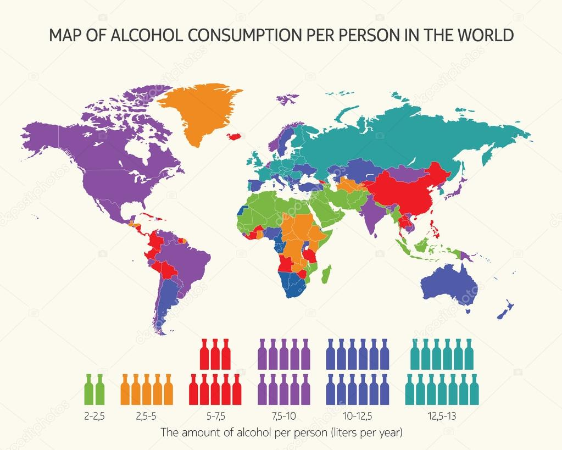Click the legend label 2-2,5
coord(94,416)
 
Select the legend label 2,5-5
coord(146,416)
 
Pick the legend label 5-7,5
coord(215,416)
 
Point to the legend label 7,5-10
coord(284,416)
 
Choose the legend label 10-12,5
coord(358,416)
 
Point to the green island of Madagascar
coord(327,273)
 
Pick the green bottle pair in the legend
coord(94,389)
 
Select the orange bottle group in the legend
coord(146,389)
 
